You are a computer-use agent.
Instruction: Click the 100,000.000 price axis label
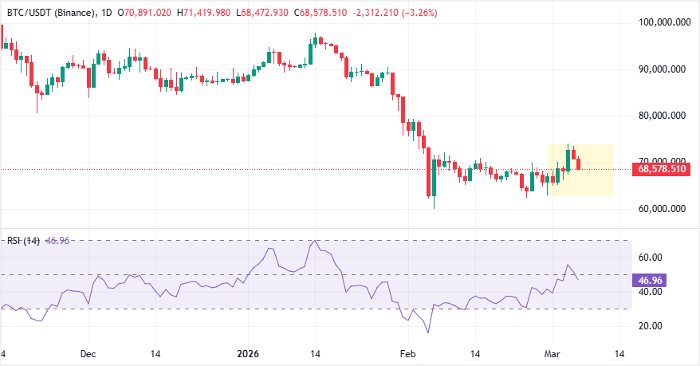(x=665, y=23)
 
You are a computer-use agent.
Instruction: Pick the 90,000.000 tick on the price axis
(x=665, y=69)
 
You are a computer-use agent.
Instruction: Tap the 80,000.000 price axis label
(x=665, y=116)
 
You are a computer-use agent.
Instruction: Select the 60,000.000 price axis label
(x=665, y=209)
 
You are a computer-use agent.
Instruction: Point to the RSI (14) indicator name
(x=22, y=240)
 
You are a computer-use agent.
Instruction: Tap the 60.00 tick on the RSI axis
(x=653, y=257)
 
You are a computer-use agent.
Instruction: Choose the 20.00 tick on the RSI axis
(x=653, y=325)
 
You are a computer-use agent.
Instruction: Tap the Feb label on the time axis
(x=407, y=353)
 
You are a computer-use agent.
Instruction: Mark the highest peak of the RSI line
(x=316, y=240)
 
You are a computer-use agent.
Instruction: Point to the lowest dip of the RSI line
(x=428, y=333)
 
